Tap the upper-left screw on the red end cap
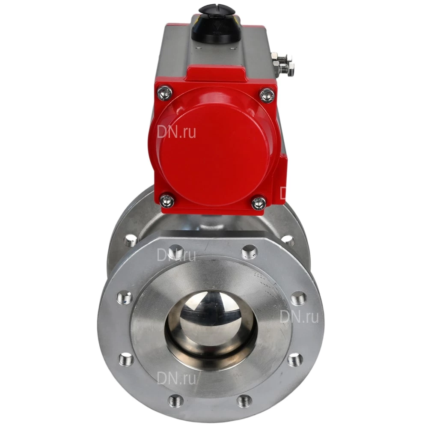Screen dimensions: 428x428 [165, 93]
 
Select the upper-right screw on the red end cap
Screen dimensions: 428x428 [267, 95]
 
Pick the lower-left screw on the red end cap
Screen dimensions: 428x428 [167, 201]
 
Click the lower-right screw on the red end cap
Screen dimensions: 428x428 [258, 202]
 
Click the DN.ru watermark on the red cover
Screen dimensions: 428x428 [176, 132]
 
